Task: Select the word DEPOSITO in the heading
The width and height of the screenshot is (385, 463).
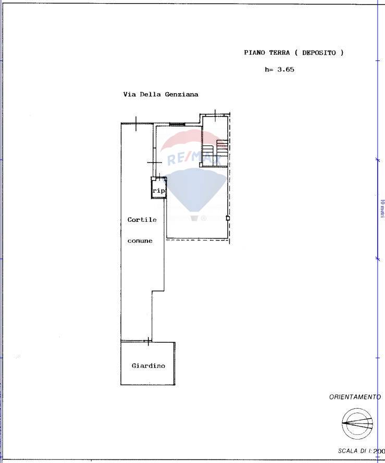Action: pos(319,53)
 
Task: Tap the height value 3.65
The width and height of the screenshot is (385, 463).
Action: pos(285,70)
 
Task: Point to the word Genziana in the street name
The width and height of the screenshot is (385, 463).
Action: pos(181,94)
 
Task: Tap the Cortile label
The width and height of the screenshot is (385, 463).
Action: pos(142,220)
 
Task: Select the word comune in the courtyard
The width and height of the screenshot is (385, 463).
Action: pos(140,241)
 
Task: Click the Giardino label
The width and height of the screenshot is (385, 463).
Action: pos(148,366)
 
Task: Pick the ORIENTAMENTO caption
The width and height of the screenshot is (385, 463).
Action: pos(355,397)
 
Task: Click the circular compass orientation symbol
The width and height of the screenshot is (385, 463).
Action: pos(357,423)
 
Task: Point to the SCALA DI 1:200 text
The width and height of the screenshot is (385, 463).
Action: pos(361,451)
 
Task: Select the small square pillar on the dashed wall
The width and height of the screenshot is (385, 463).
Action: pos(228,218)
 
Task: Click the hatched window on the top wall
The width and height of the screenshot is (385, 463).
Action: pos(177,124)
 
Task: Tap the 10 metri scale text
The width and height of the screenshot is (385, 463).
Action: pos(382,209)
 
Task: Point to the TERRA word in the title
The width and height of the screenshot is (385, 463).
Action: pos(279,53)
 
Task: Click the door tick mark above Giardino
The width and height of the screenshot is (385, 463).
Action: pos(148,341)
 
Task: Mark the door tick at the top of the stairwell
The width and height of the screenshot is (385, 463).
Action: pos(215,116)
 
